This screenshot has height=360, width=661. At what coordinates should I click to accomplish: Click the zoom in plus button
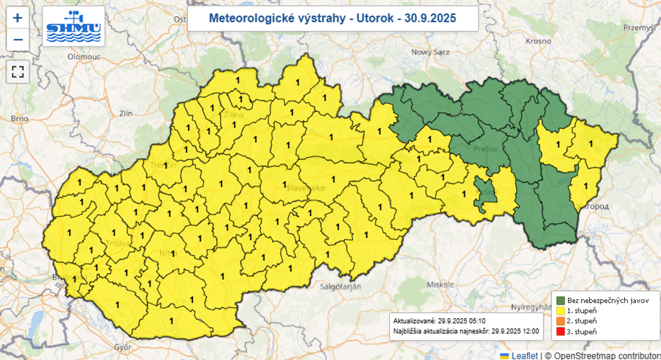click(17, 18)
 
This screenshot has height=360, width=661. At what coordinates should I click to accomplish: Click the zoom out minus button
click(17, 39)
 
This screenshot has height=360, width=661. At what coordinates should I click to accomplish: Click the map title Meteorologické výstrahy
click(332, 18)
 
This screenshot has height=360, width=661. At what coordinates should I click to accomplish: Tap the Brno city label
click(20, 119)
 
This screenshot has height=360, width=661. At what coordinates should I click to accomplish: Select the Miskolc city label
click(440, 284)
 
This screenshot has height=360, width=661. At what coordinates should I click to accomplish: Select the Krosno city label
click(538, 41)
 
